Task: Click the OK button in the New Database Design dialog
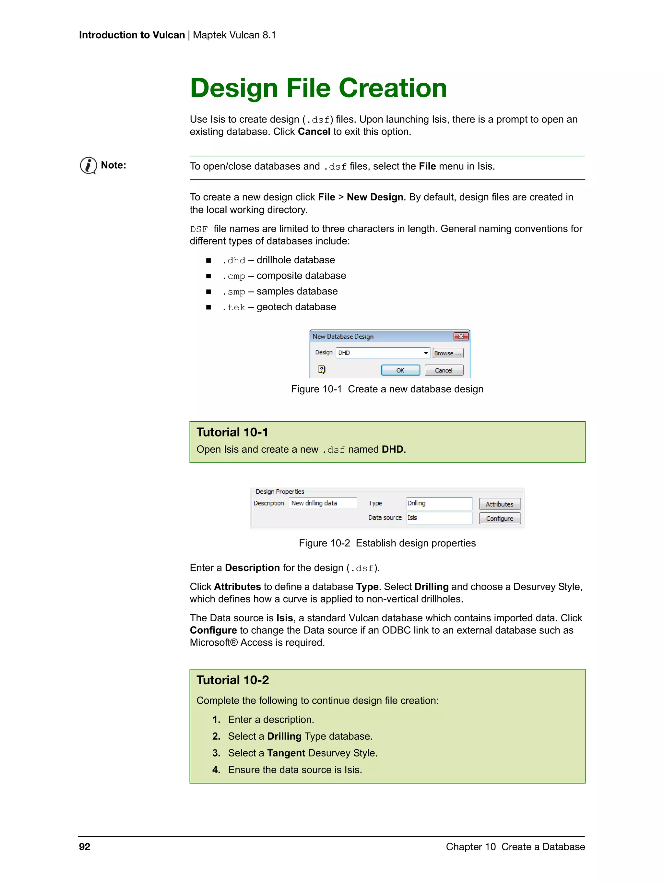click(400, 370)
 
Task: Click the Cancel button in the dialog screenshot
click(444, 370)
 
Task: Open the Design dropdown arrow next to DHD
click(425, 353)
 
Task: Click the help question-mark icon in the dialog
click(322, 369)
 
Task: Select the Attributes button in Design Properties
click(499, 504)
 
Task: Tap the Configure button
click(499, 518)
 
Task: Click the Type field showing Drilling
click(439, 503)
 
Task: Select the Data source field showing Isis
click(439, 518)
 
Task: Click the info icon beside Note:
click(88, 165)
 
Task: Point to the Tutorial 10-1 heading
click(232, 432)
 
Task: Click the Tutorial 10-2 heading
click(232, 680)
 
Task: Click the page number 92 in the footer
click(85, 846)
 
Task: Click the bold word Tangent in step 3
click(286, 753)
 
